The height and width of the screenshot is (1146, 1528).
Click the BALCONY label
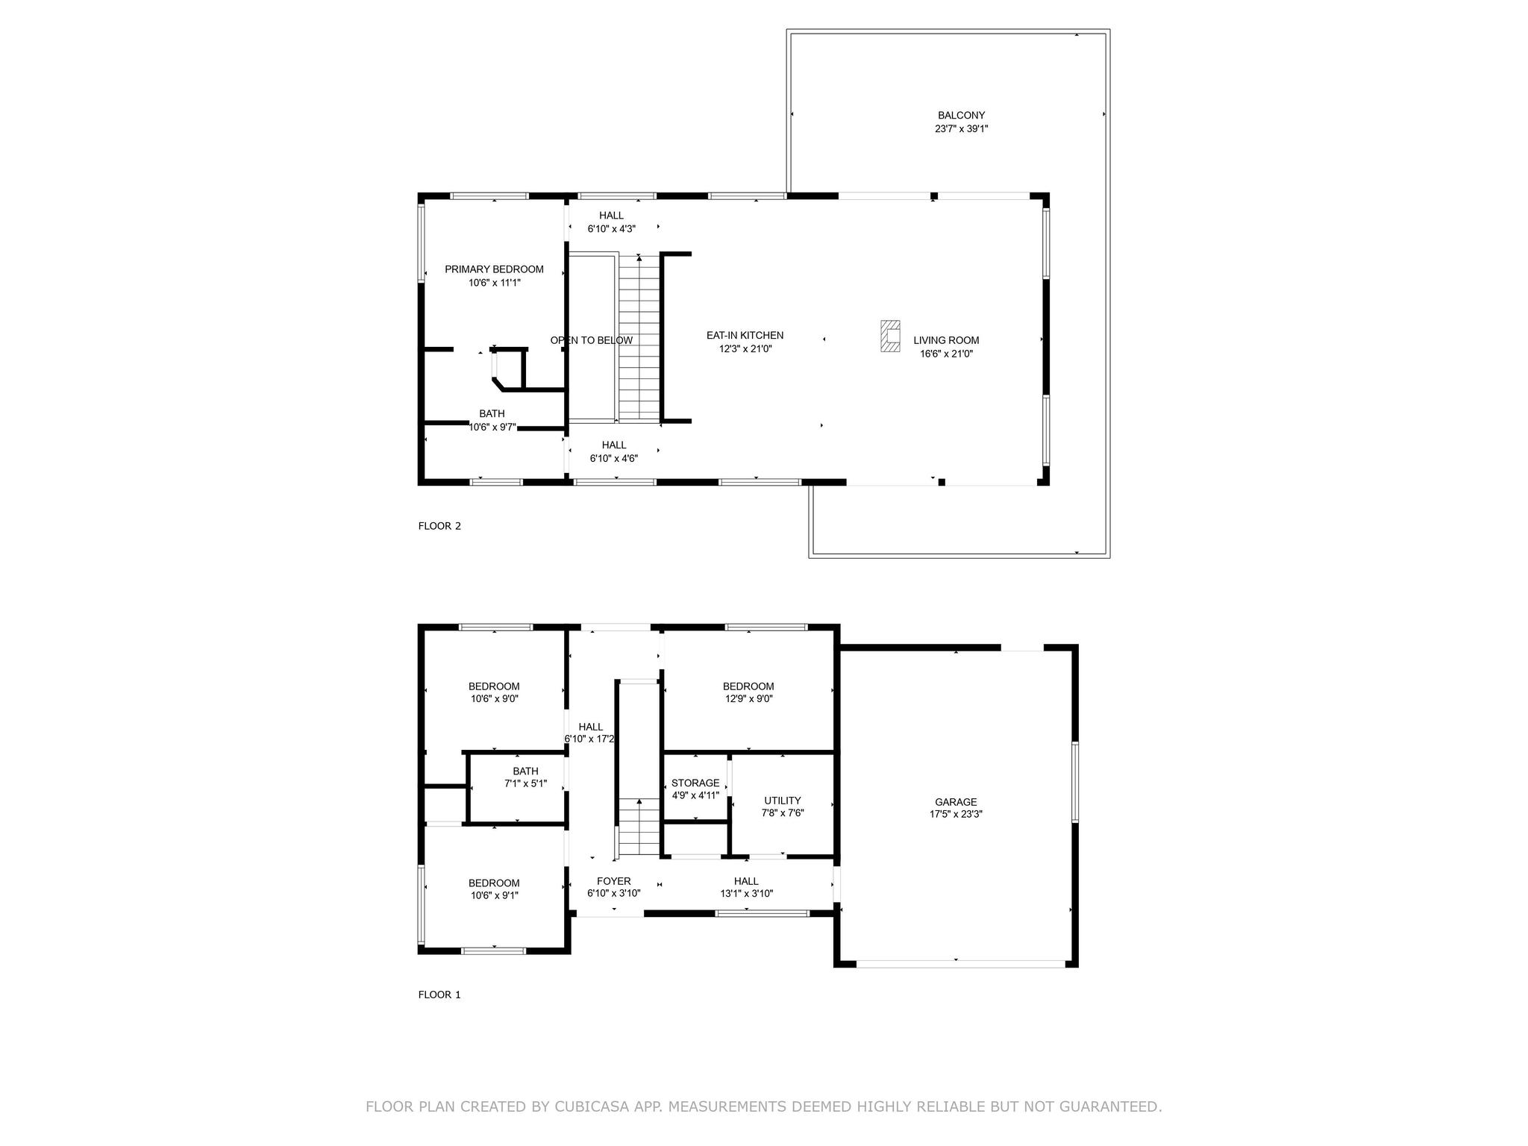[x=961, y=116]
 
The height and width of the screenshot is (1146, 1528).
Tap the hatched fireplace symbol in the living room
[x=889, y=336]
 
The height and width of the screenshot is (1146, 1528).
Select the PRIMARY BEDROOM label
[x=494, y=269]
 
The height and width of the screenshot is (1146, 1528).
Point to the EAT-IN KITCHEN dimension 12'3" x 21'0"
[x=745, y=348]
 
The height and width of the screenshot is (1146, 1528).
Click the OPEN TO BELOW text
[x=591, y=340]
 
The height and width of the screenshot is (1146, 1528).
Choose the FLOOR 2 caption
[x=439, y=526]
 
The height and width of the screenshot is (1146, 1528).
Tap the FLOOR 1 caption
[x=439, y=995]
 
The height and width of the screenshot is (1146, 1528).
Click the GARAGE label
[x=956, y=802]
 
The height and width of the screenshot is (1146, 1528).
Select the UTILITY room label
[x=782, y=801]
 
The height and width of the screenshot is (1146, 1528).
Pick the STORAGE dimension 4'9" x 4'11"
[x=695, y=795]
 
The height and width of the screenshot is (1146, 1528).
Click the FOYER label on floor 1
[x=613, y=881]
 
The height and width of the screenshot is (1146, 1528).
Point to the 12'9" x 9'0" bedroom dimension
[x=748, y=699]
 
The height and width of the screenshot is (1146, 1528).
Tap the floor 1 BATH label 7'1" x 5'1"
[x=525, y=771]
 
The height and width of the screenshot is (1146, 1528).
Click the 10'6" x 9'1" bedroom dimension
[x=494, y=895]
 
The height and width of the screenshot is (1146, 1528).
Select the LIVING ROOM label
[x=946, y=340]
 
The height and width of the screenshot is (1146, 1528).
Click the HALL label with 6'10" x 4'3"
[x=611, y=216]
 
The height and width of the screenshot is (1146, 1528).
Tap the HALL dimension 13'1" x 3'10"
[x=746, y=893]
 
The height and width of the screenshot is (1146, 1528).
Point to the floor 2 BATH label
[x=492, y=413]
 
